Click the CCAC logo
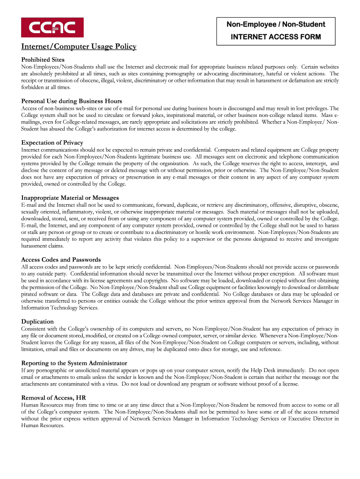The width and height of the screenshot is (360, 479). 52,28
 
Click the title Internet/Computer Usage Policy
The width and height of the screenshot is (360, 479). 79,47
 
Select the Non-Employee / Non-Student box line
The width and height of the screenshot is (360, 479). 276,24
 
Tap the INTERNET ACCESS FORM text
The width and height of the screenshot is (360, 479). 276,37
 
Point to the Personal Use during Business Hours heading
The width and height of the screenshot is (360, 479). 72,101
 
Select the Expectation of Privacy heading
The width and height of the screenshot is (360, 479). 52,143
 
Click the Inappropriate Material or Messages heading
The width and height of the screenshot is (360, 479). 70,198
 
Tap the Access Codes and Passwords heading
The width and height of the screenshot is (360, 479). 61,260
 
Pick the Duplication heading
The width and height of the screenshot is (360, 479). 37,322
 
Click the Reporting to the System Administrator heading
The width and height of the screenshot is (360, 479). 74,363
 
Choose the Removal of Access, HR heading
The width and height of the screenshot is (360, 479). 54,398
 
